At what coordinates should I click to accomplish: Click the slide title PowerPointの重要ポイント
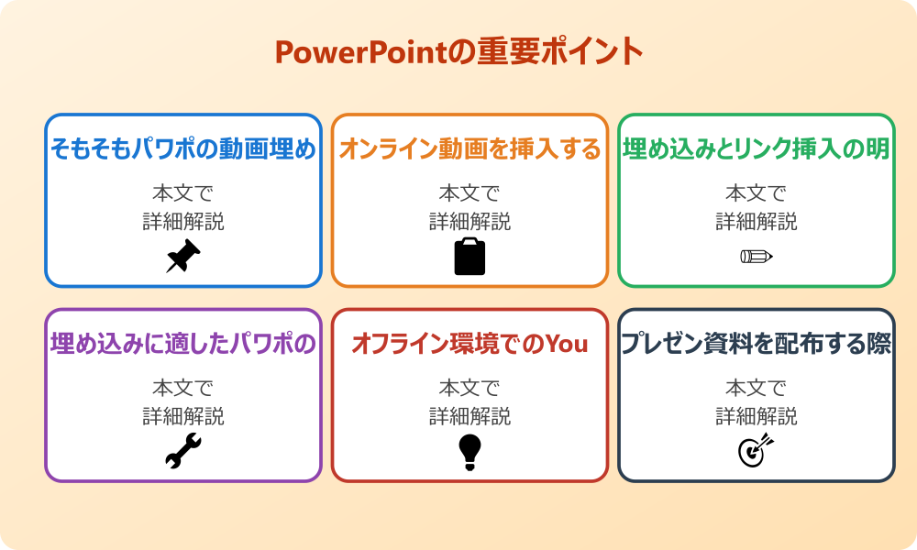(458, 52)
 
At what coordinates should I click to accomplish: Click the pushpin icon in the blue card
(183, 257)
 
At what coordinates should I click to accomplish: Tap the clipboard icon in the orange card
(470, 257)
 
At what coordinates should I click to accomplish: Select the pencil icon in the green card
(757, 256)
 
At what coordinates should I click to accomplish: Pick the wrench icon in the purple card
(183, 451)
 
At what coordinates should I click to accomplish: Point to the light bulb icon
(470, 451)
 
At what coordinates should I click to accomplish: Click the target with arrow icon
(757, 451)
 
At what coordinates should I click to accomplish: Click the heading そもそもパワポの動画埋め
(183, 149)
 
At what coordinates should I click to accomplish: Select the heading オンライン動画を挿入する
(470, 149)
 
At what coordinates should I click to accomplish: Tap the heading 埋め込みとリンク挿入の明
(757, 149)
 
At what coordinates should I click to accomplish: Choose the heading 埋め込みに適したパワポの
(183, 345)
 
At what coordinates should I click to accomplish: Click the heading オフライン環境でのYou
(470, 345)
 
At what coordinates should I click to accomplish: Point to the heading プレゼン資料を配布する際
(757, 345)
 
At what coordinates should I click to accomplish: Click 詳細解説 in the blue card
(183, 222)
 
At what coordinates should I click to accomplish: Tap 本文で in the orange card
(470, 193)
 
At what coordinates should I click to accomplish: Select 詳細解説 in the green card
(757, 222)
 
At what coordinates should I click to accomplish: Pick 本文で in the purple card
(183, 389)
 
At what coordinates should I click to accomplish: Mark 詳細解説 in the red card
(470, 417)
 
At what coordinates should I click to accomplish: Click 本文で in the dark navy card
(757, 389)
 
